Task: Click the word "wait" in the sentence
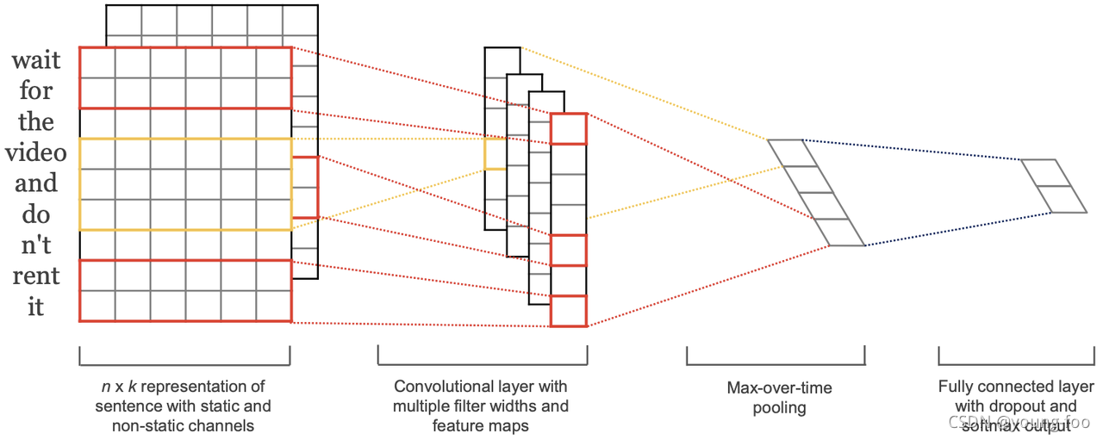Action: click(35, 60)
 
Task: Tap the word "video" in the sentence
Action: click(35, 152)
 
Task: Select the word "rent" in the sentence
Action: click(35, 276)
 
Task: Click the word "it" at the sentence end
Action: click(35, 307)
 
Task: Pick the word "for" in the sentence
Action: click(35, 90)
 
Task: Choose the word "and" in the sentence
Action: click(35, 183)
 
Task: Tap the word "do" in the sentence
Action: click(35, 214)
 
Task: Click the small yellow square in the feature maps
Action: click(495, 154)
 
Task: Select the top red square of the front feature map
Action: click(568, 129)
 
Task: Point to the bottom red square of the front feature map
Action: click(568, 311)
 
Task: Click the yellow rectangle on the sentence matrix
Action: click(185, 184)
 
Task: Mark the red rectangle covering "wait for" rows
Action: click(185, 77)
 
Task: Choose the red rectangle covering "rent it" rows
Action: click(185, 291)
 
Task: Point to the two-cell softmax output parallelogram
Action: click(1054, 186)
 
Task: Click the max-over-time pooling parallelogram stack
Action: click(816, 193)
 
